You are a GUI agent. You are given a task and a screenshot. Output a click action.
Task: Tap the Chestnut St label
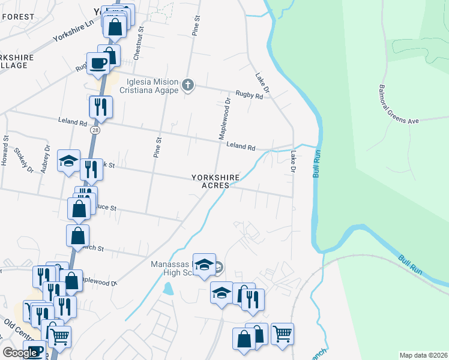coord(142,37)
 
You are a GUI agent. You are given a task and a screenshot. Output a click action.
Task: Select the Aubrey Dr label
coord(46,158)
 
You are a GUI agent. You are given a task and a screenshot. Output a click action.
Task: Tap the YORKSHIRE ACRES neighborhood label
coord(215,181)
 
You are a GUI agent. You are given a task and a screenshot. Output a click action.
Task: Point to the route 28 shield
coord(95,130)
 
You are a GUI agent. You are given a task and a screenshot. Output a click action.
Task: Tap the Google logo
coord(20,353)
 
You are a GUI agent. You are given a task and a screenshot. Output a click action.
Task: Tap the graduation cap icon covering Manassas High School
coord(204,265)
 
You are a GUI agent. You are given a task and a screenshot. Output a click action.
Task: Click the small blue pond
coord(169,289)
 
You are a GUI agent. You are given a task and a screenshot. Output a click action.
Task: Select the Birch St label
coord(94,248)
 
